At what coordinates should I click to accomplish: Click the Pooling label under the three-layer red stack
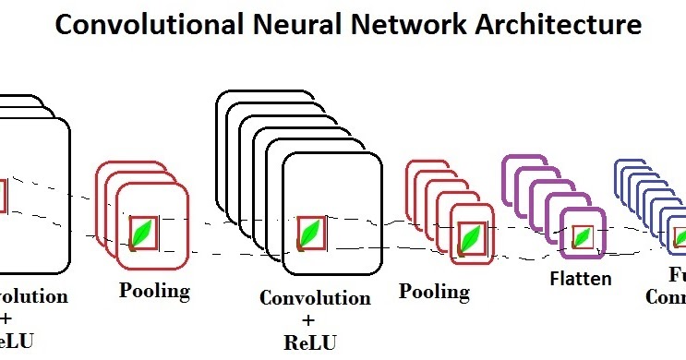154,291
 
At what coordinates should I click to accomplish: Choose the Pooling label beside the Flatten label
434,292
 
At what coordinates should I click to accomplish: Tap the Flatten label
581,277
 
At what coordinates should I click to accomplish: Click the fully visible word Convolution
315,298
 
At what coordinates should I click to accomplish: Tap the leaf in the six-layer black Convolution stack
311,233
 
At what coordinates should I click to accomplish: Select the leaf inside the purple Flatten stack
582,237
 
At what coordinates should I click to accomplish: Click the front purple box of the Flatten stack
583,232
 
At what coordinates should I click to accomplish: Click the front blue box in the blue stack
679,235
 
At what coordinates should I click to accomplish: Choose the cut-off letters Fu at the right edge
677,275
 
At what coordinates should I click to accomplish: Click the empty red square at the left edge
3,195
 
